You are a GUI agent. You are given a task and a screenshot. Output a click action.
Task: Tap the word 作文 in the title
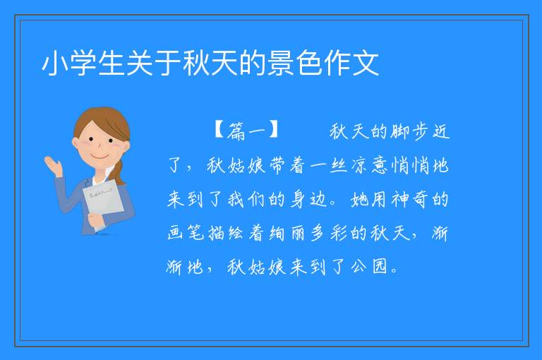351,64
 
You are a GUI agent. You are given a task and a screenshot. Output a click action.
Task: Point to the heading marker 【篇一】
247,131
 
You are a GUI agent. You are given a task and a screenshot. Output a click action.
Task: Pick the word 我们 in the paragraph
247,200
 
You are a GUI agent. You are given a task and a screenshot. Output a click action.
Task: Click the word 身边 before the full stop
308,200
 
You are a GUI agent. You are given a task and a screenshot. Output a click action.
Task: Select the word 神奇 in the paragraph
410,200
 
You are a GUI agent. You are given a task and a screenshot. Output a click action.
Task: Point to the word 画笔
186,234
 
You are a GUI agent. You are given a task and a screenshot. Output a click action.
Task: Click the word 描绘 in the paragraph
227,234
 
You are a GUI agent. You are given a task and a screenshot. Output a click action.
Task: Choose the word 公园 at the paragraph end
370,267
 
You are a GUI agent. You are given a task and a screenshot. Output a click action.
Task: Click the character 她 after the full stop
360,200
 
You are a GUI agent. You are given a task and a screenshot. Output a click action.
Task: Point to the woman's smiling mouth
100,157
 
